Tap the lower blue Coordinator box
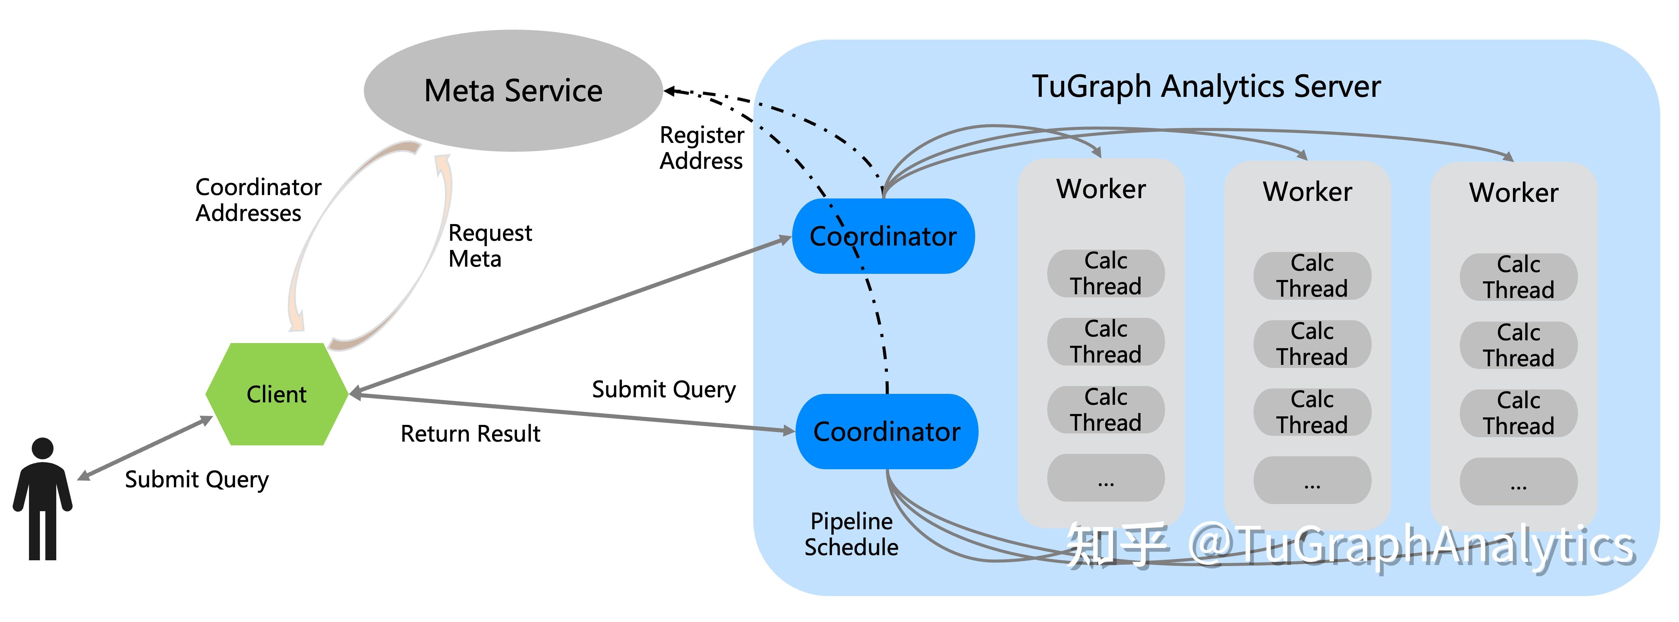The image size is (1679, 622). (x=887, y=432)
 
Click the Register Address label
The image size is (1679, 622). (x=701, y=148)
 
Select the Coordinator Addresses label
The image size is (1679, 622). (x=258, y=200)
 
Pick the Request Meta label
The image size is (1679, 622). (x=490, y=246)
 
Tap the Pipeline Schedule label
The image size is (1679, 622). (x=851, y=534)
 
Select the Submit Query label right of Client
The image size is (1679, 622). (x=664, y=389)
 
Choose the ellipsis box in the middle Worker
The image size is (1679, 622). (x=1312, y=480)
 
